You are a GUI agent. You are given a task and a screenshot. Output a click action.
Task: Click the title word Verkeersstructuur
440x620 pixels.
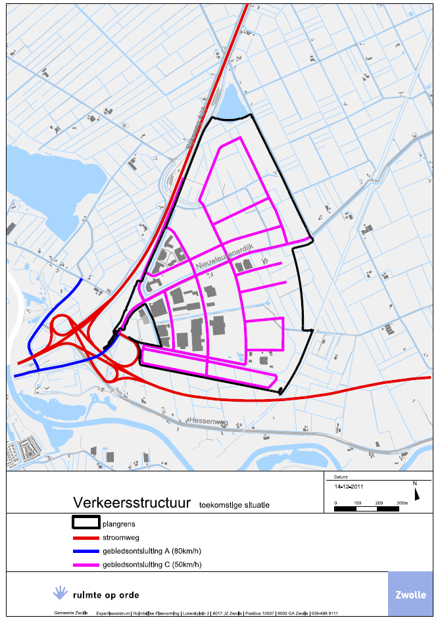coord(132,502)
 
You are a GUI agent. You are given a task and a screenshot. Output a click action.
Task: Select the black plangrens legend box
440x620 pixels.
coord(85,524)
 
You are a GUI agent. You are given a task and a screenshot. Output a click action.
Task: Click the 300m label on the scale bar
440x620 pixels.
coord(401,502)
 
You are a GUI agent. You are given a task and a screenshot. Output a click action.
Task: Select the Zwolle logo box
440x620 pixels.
coord(410,595)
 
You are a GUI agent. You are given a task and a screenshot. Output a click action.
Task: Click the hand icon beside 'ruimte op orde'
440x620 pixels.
coord(61,592)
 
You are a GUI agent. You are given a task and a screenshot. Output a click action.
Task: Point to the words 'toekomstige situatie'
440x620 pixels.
coord(234,504)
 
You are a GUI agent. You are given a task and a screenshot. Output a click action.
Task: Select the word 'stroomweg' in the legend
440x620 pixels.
coord(122,537)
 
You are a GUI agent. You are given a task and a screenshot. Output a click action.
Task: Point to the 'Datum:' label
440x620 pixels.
coord(341,477)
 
